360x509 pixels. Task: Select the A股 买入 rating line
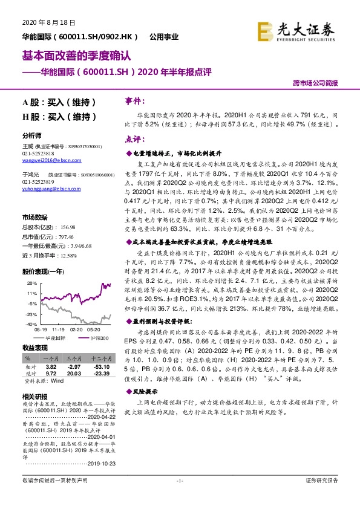[x=59, y=102]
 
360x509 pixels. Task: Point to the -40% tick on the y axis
[x=27, y=324]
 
